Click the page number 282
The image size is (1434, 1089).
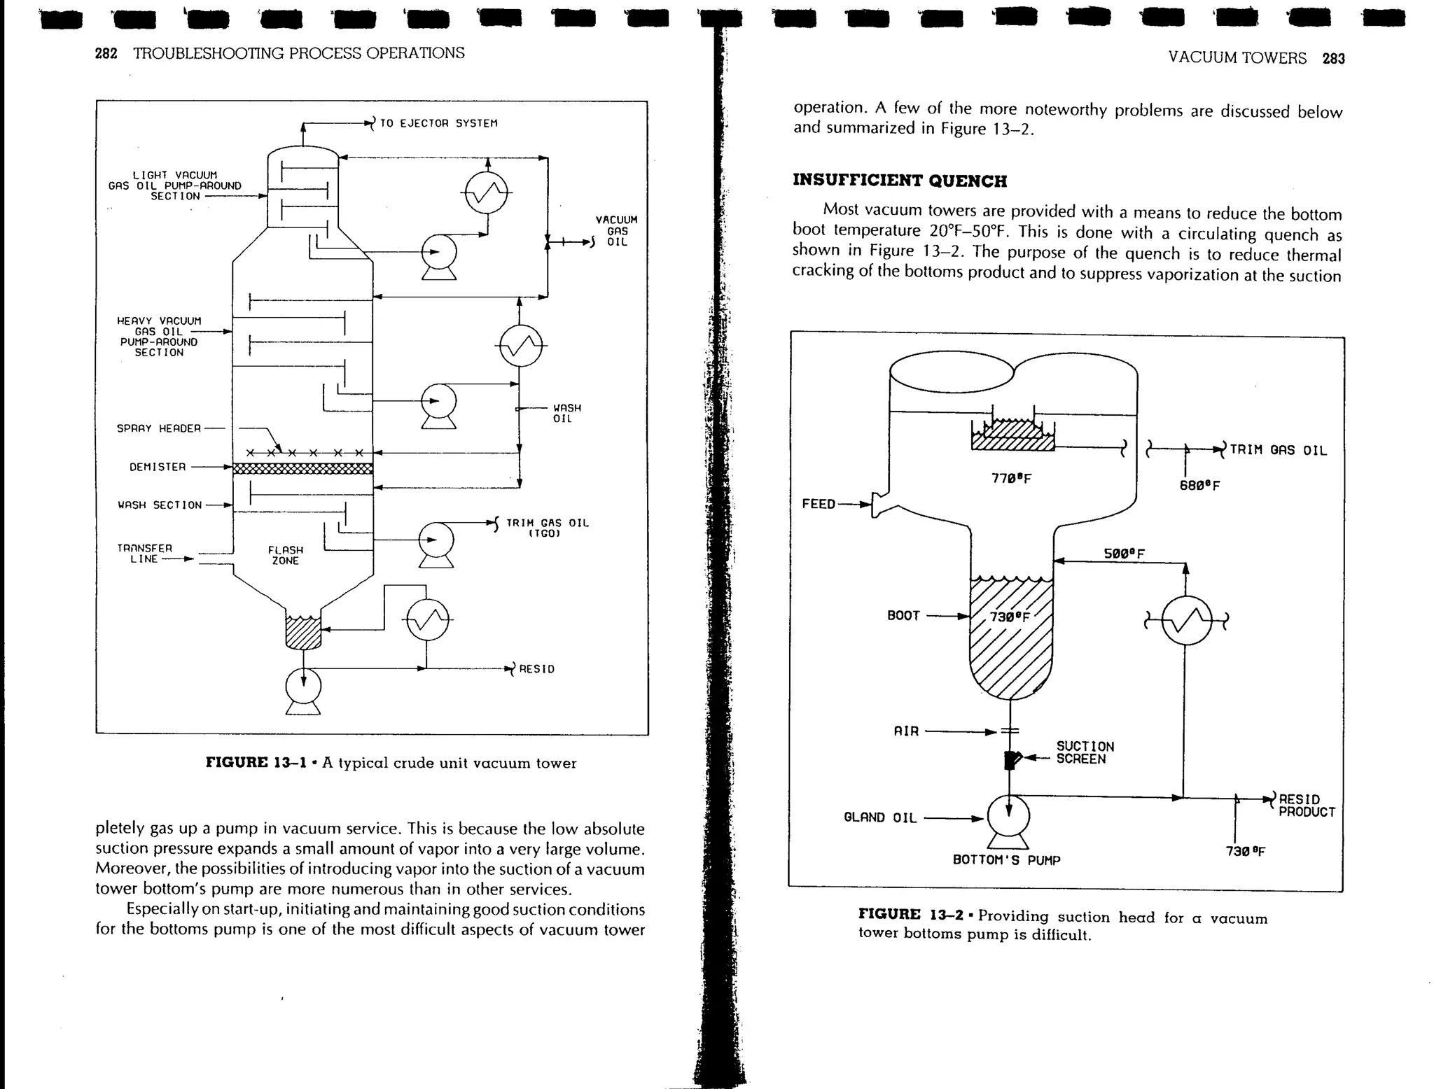[x=106, y=54]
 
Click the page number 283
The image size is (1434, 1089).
[x=1333, y=59]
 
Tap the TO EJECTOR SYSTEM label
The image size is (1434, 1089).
[x=438, y=123]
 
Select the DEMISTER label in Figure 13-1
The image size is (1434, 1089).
[x=158, y=467]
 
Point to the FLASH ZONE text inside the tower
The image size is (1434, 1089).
[x=286, y=556]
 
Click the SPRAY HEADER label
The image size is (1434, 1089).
[x=159, y=428]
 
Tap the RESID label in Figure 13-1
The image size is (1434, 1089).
[x=536, y=669]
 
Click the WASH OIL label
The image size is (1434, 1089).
[x=566, y=413]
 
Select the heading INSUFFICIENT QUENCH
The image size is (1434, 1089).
[x=900, y=181]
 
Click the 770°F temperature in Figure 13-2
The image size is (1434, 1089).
[x=1011, y=479]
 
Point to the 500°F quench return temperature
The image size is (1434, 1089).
[x=1124, y=554]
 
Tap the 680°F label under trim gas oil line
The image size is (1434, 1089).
[x=1199, y=486]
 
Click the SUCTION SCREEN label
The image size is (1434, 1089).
[x=1085, y=752]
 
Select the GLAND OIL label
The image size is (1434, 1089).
[x=880, y=817]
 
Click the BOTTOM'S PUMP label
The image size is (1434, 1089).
[x=1006, y=860]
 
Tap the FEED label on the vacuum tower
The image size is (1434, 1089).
[x=819, y=504]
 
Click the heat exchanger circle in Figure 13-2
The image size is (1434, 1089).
[x=1186, y=620]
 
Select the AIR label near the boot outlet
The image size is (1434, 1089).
[x=906, y=731]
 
